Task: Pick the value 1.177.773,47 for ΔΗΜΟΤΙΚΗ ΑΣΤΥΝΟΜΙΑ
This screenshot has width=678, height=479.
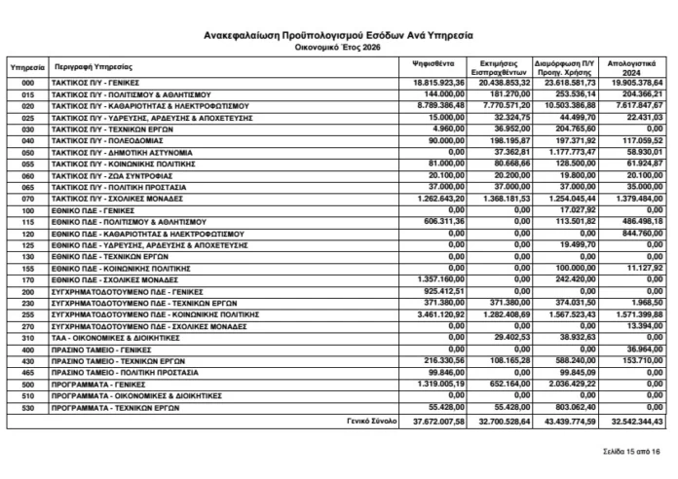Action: tap(571, 153)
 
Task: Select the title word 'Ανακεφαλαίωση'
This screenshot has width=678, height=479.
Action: tap(251, 34)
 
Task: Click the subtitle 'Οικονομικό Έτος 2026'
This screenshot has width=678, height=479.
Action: tap(338, 46)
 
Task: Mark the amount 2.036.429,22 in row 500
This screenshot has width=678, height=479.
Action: tap(571, 385)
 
